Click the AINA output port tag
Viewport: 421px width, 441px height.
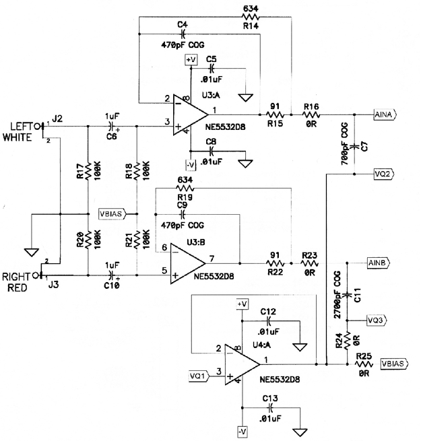click(385, 114)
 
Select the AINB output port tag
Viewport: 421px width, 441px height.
click(379, 263)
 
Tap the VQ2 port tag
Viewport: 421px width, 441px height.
click(384, 174)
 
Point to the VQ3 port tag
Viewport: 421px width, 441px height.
click(377, 320)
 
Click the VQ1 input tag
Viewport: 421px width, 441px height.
click(199, 376)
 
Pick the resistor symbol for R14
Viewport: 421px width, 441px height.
click(250, 17)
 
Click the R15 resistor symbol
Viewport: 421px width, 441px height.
click(275, 114)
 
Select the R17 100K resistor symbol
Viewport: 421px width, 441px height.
click(88, 170)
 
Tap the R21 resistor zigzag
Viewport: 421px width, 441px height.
click(137, 239)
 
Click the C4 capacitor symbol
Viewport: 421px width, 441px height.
click(183, 34)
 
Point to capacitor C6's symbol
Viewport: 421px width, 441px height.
click(112, 127)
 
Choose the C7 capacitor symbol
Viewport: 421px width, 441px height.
click(354, 145)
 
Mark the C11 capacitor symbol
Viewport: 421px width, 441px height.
click(347, 295)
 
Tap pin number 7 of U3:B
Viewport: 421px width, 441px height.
click(212, 258)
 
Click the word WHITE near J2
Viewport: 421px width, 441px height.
click(18, 137)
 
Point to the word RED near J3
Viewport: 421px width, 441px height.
click(18, 288)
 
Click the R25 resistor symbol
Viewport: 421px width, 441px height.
click(364, 364)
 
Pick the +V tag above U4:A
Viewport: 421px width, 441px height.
click(242, 304)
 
